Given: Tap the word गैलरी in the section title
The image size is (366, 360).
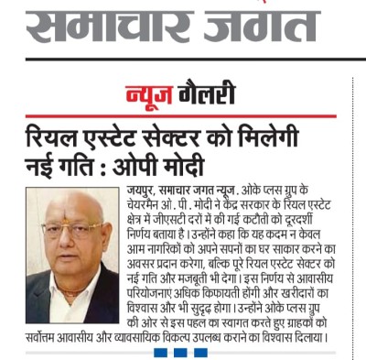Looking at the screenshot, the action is [206, 94].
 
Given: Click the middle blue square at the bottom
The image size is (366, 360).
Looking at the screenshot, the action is [179, 354].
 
